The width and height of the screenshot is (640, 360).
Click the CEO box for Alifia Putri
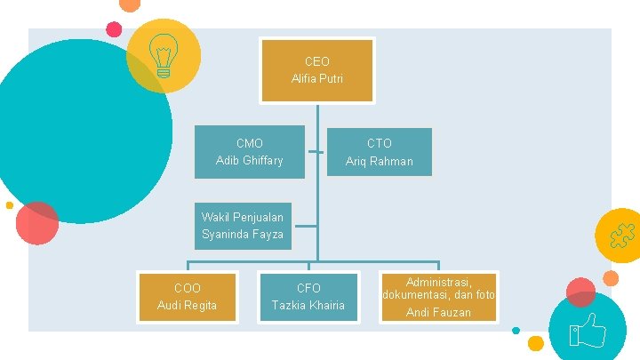[316, 69]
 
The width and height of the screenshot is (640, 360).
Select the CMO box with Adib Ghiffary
[249, 151]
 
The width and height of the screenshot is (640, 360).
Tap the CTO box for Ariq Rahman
[380, 151]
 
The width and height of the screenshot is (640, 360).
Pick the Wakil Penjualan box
[242, 226]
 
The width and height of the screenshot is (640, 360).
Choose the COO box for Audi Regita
[187, 297]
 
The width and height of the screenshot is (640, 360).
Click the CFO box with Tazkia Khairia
[308, 297]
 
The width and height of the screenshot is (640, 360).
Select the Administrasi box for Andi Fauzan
[438, 297]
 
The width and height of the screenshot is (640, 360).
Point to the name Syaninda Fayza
[242, 235]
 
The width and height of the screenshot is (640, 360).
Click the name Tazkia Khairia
[308, 306]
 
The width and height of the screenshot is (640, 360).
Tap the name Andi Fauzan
[438, 312]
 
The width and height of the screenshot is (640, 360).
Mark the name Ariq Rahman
[380, 161]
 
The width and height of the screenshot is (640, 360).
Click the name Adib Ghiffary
[249, 160]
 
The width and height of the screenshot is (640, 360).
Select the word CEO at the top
[316, 61]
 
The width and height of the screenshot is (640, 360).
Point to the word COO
[187, 288]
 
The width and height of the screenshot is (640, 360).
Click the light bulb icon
[164, 54]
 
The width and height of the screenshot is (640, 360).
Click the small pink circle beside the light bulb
[114, 28]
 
